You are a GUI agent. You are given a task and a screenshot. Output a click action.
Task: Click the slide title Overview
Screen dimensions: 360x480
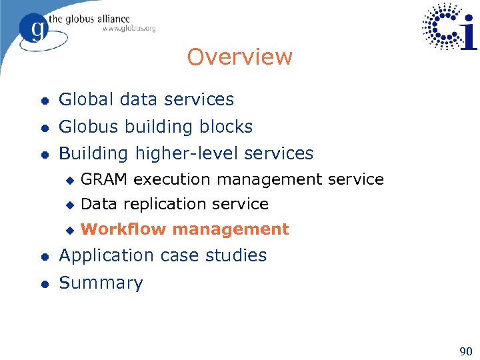tap(239, 57)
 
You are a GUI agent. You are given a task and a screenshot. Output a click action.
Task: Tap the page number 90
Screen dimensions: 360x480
tap(465, 351)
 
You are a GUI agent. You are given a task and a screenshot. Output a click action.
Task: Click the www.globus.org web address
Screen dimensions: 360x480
tap(129, 28)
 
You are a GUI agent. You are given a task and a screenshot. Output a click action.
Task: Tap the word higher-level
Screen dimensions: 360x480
tap(187, 153)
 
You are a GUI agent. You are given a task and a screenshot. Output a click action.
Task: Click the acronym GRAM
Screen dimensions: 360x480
tap(105, 179)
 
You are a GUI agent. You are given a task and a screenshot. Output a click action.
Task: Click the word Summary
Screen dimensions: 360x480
tap(101, 283)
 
